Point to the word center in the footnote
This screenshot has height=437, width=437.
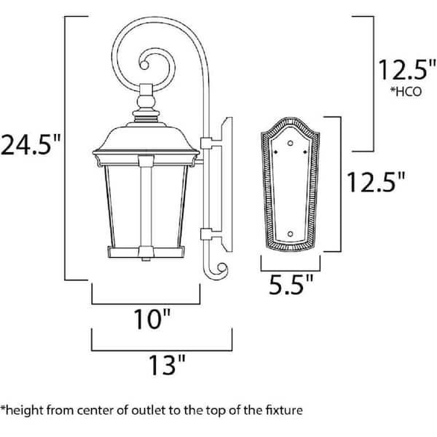pyautogui.click(x=93, y=409)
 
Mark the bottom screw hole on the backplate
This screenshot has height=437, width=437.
pyautogui.click(x=291, y=235)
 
